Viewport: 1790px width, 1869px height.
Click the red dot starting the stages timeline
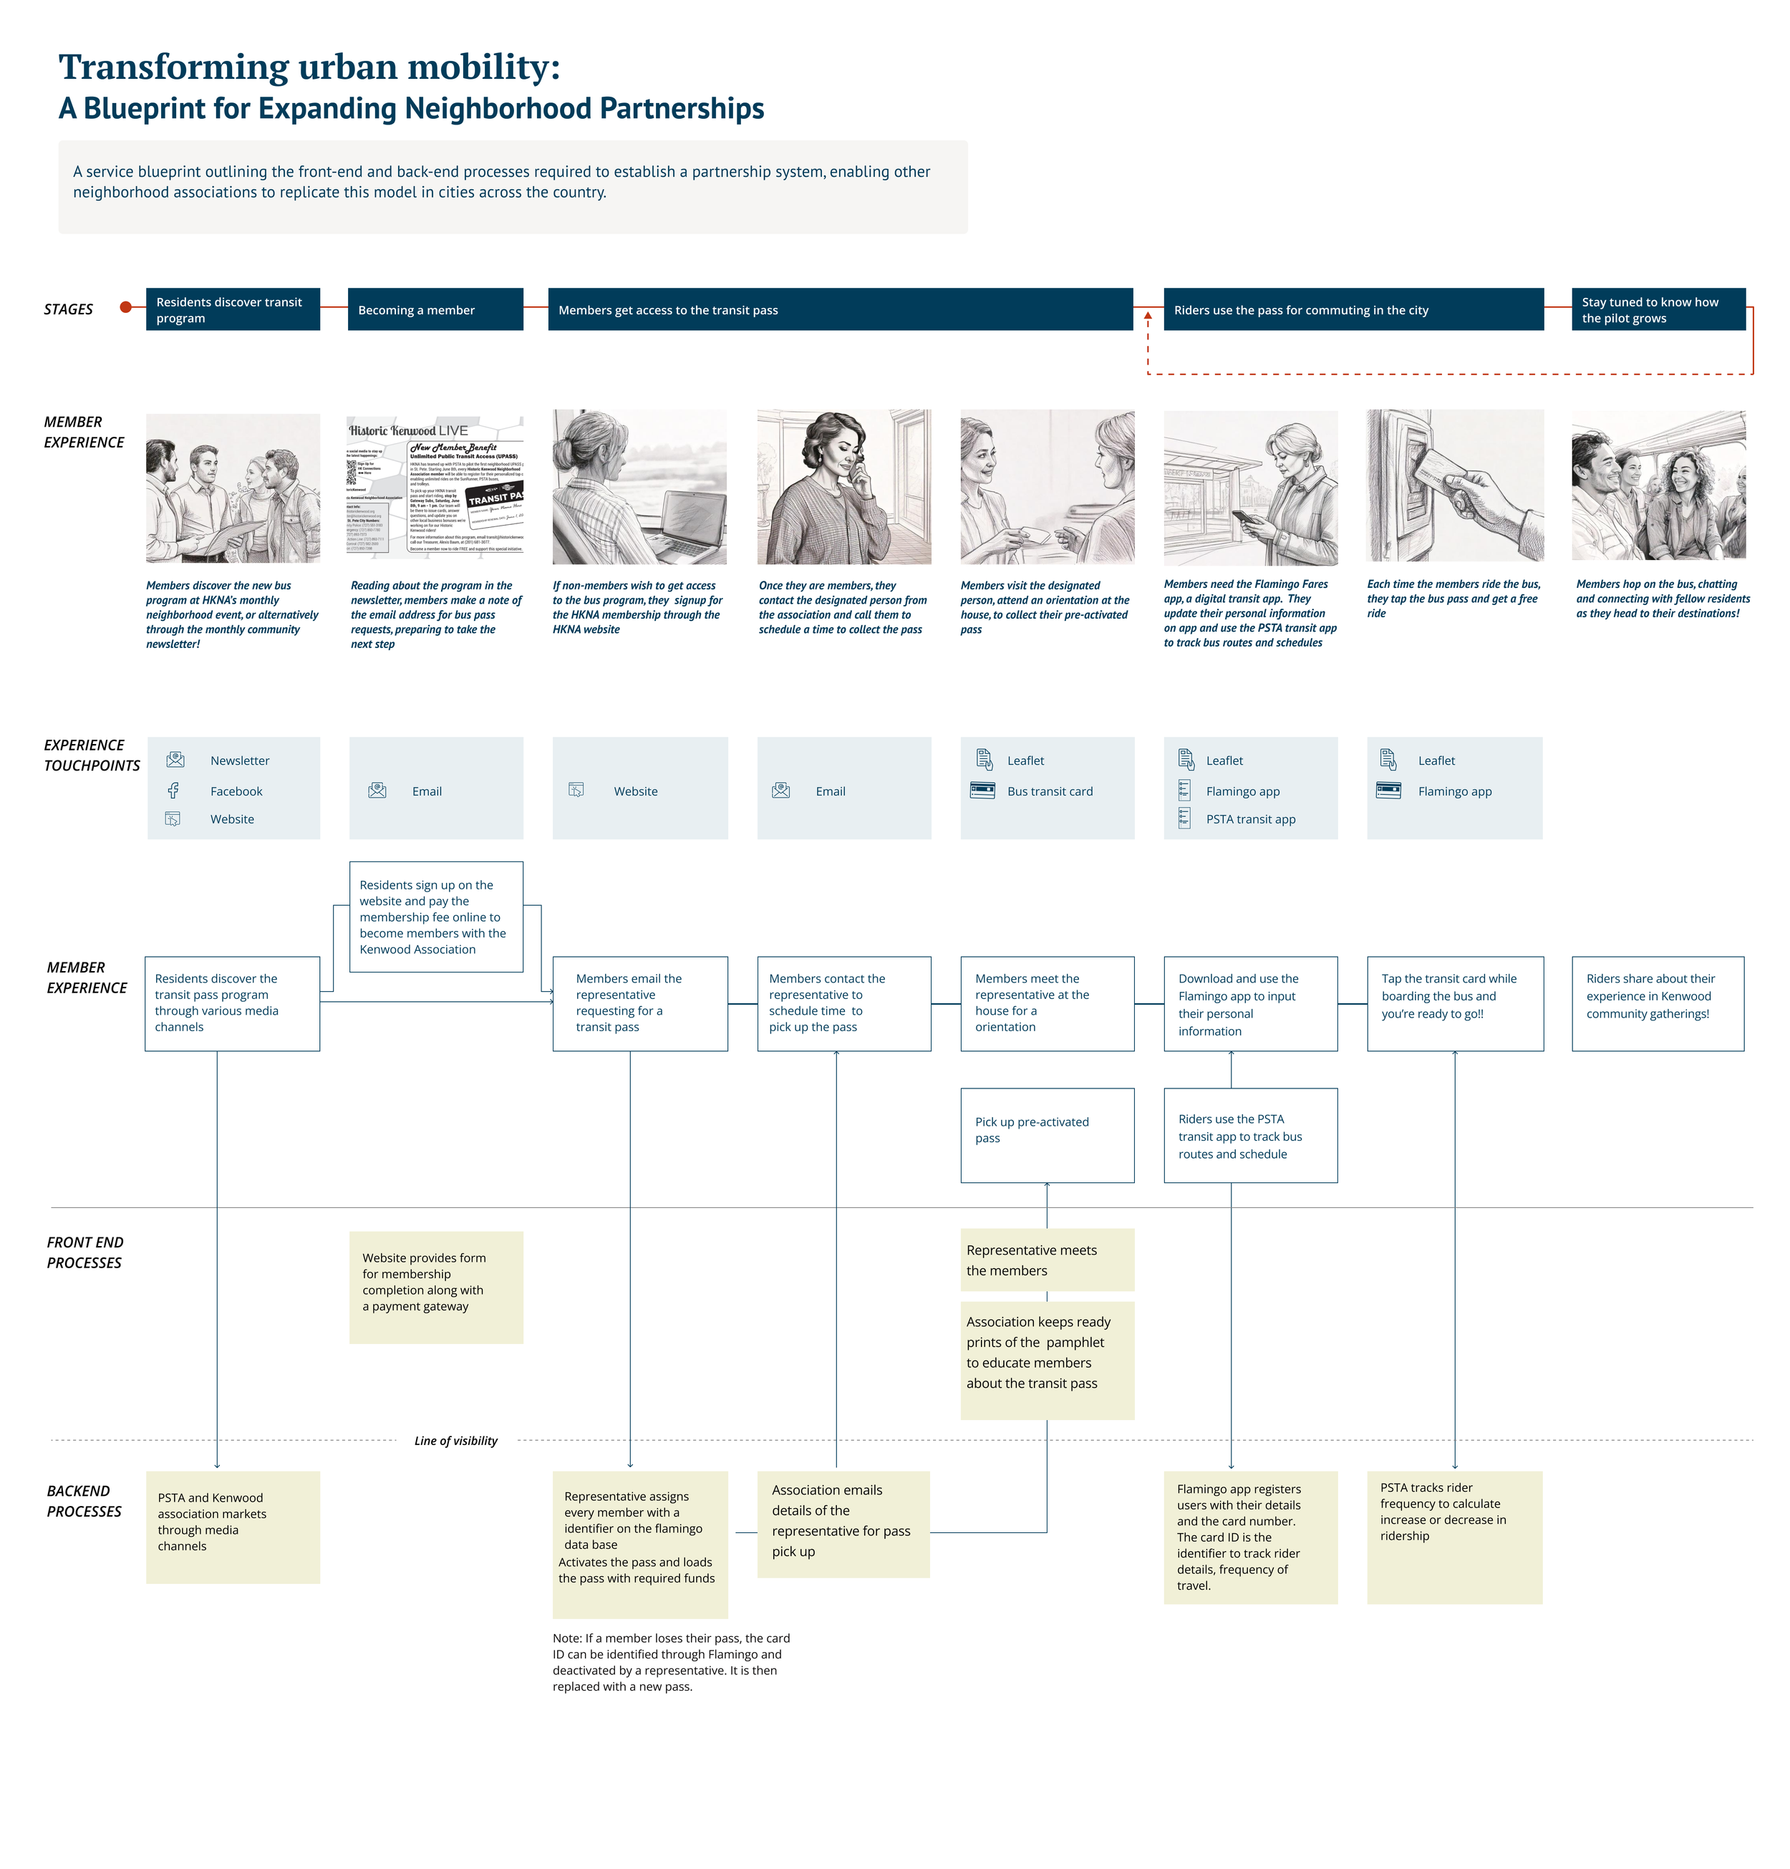[x=125, y=307]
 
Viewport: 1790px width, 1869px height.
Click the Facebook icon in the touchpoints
[x=173, y=791]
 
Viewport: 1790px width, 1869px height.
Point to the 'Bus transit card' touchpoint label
[x=1049, y=791]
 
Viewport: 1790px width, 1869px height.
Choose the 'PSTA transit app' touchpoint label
[x=1249, y=818]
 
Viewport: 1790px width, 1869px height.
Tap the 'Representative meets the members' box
[x=1046, y=1259]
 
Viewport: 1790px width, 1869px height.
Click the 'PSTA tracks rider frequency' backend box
[x=1453, y=1535]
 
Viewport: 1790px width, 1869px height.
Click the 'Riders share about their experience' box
[x=1657, y=1003]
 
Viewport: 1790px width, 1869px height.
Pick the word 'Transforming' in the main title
[x=173, y=67]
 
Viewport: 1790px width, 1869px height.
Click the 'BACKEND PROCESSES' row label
[x=84, y=1500]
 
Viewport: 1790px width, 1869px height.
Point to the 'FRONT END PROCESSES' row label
[x=84, y=1251]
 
